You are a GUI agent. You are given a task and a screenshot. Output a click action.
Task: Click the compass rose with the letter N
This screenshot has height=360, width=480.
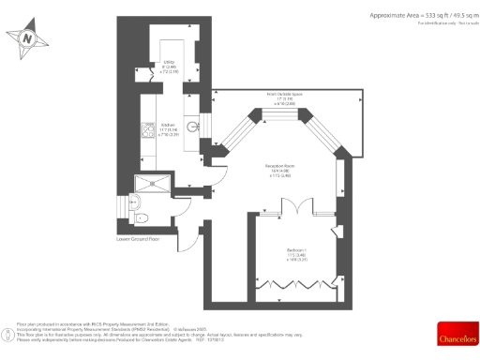27,38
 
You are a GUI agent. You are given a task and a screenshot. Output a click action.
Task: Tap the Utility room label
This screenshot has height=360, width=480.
169,67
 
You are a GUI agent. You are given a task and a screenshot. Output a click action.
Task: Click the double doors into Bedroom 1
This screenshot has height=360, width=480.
293,207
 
